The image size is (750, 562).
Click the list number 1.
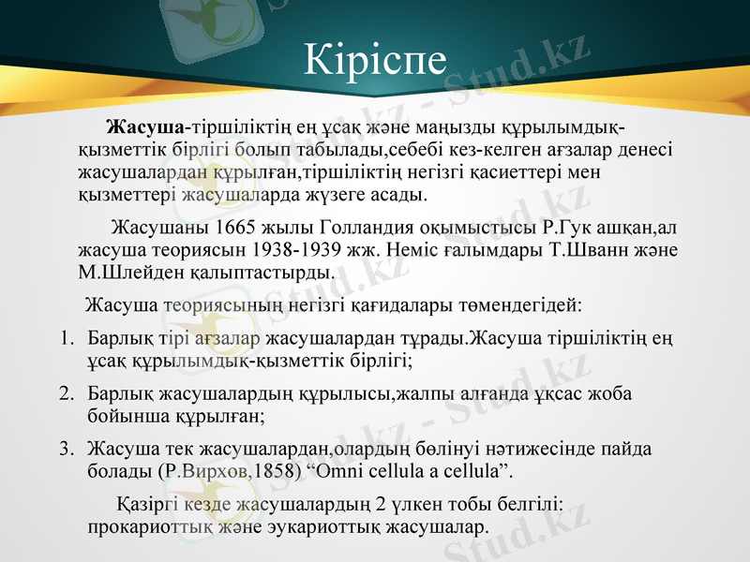[67, 336]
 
